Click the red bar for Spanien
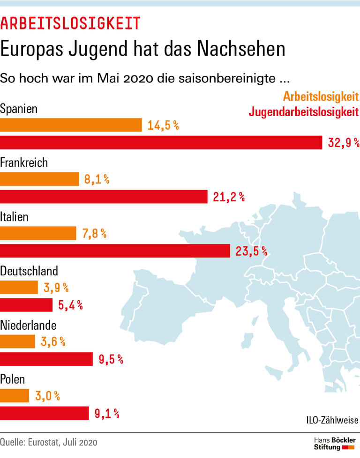[x=161, y=143]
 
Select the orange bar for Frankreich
[x=39, y=179]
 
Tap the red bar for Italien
[x=115, y=251]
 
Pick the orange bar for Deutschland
[x=19, y=288]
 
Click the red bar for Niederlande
[x=46, y=359]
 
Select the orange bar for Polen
[x=15, y=396]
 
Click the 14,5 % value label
[x=163, y=126]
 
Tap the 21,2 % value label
[x=229, y=197]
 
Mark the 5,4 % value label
[x=70, y=306]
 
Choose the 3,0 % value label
[x=47, y=396]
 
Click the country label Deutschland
[x=29, y=271]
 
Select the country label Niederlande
[x=28, y=325]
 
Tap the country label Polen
[x=13, y=379]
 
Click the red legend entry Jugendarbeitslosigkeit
[x=303, y=112]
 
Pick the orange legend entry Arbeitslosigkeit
[x=320, y=97]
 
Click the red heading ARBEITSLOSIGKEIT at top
[x=70, y=22]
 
